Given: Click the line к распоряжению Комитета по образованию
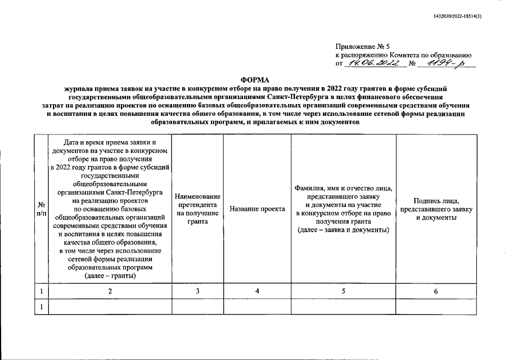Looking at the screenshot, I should pyautogui.click(x=403, y=55).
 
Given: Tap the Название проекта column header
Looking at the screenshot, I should pyautogui.click(x=256, y=209).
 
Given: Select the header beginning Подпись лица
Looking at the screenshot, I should pyautogui.click(x=435, y=209).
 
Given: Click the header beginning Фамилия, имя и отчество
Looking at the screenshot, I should pyautogui.click(x=343, y=209).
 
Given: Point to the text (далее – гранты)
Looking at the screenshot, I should pyautogui.click(x=110, y=276).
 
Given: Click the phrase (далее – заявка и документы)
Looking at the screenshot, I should pyautogui.click(x=343, y=230).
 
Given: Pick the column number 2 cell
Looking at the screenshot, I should pyautogui.click(x=110, y=291).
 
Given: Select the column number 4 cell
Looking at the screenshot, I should pyautogui.click(x=256, y=291).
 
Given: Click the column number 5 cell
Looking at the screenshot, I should pyautogui.click(x=343, y=291).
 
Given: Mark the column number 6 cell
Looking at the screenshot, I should pyautogui.click(x=435, y=291).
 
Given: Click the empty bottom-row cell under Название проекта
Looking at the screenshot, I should pyautogui.click(x=256, y=307).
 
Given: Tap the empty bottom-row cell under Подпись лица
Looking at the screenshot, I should pyautogui.click(x=435, y=307).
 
